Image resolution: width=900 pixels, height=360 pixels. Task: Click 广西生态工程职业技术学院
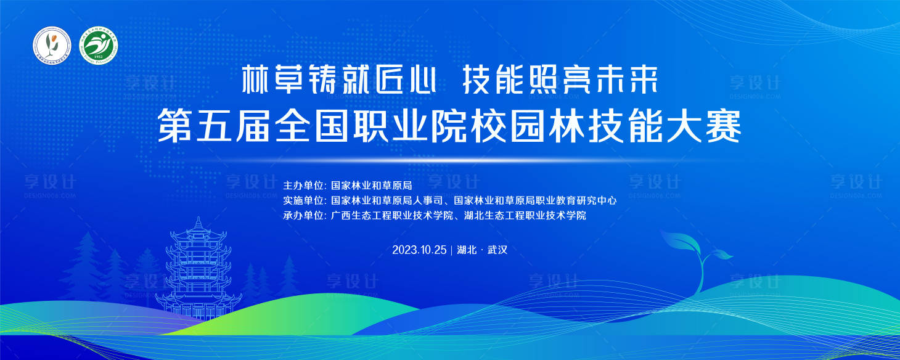(x=392, y=216)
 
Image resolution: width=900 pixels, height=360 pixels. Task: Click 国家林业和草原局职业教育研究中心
(x=535, y=200)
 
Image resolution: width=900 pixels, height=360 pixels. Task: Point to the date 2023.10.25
(x=420, y=250)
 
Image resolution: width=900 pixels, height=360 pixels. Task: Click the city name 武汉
(x=497, y=250)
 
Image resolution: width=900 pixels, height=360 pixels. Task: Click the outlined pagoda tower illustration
(x=198, y=271)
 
